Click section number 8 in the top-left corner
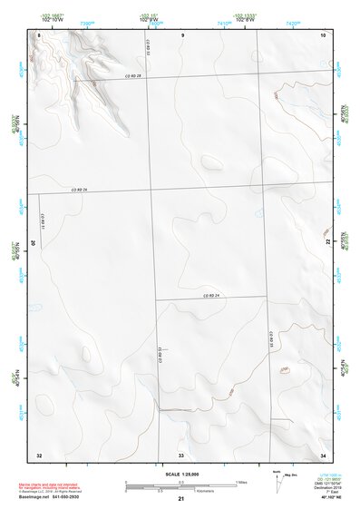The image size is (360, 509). click(39, 34)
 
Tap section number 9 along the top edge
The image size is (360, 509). click(182, 34)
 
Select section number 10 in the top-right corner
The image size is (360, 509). click(324, 34)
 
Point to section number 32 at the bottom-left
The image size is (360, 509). click(39, 454)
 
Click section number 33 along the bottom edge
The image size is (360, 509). click(181, 454)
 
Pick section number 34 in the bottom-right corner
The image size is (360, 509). click(324, 454)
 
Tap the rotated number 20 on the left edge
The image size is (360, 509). click(34, 243)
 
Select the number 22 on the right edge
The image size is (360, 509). click(328, 243)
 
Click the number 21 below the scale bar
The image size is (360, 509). click(181, 499)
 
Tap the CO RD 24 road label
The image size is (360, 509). click(212, 296)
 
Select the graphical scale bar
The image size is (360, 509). click(181, 485)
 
